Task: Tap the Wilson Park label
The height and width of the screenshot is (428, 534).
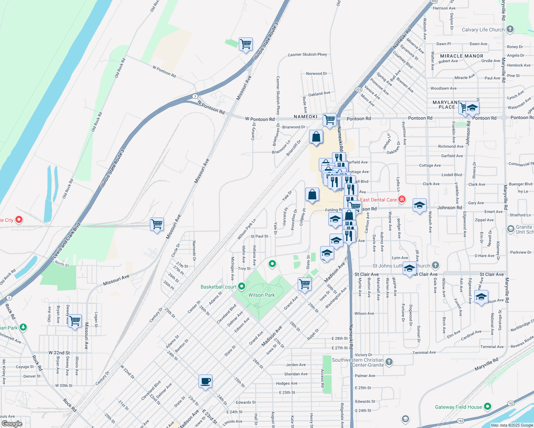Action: pos(262,295)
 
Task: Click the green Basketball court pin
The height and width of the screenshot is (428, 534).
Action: pos(242,286)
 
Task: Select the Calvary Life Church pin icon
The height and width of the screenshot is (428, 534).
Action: pos(510,30)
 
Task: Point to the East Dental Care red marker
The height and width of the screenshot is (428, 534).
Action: pos(402,199)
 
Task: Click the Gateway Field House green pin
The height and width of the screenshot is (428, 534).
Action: pos(488,407)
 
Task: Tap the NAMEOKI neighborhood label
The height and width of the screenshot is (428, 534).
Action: pos(306,117)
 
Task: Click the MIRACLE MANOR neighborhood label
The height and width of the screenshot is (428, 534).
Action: pos(462,56)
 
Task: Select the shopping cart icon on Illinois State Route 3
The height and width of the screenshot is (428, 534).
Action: pos(246,45)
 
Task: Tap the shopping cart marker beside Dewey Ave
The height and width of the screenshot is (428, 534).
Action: pos(75,321)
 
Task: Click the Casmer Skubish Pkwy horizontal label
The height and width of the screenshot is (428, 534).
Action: pos(307,55)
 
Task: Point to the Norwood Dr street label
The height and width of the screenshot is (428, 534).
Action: pos(317,73)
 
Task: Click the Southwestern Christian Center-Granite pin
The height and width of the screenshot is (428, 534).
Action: pos(389,362)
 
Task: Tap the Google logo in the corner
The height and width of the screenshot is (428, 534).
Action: pos(12,423)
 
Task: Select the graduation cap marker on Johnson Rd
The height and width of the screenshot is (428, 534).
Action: pos(419,206)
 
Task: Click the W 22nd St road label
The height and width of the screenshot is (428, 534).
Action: pos(59,353)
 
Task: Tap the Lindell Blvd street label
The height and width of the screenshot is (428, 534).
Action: pos(452,175)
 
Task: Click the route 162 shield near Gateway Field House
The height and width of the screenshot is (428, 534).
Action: pos(511,403)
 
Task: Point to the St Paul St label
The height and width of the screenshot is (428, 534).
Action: pos(259,236)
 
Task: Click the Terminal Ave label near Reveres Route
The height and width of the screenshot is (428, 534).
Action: pos(492,347)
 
